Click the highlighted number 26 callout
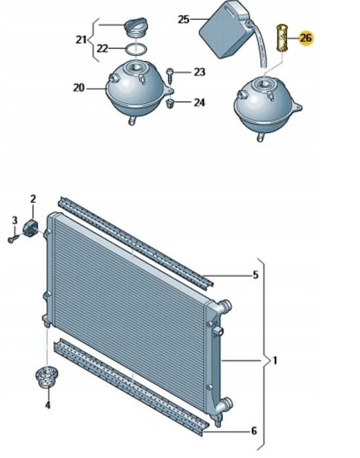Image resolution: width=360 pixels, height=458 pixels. (306, 38)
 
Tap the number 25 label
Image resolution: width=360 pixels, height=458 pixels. (184, 20)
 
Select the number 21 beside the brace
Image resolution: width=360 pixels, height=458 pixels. (81, 39)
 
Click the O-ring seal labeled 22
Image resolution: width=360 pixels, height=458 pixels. (136, 49)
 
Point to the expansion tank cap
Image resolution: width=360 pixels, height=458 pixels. (135, 28)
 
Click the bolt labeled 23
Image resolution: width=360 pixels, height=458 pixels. (170, 75)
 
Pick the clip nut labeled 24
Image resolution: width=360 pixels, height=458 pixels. (170, 104)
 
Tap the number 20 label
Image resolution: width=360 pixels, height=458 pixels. (79, 88)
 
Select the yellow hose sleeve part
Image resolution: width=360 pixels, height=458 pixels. (282, 38)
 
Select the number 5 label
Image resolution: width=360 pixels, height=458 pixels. (255, 275)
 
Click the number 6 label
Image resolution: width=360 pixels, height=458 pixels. (254, 431)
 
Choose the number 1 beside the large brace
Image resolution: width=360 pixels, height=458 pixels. (275, 361)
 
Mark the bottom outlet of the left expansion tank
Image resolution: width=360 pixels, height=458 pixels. (132, 120)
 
